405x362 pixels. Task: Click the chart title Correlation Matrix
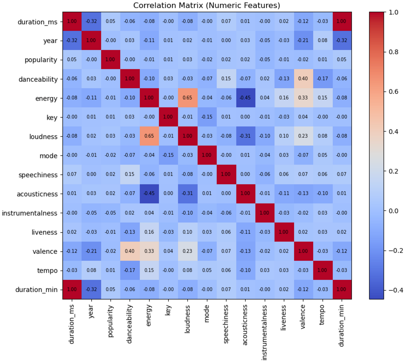point(207,5)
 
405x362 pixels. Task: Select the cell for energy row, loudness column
point(187,98)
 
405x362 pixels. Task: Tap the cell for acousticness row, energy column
point(149,194)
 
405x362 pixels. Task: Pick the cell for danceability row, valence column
point(303,79)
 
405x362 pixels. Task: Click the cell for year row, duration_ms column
point(72,41)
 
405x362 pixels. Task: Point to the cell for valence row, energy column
point(149,251)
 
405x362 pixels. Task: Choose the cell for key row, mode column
point(207,117)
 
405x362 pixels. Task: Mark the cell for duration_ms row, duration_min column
point(342,21)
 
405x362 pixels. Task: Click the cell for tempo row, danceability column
point(130,270)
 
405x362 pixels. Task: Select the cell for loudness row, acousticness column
point(245,136)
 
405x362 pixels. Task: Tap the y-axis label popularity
point(41,60)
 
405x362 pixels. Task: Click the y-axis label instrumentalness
point(30,213)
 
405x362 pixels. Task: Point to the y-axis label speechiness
point(38,175)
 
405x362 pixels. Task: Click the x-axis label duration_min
point(342,326)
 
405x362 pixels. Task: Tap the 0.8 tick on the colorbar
point(394,52)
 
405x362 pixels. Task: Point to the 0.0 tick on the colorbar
point(394,211)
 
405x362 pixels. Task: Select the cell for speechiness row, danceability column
point(130,175)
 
